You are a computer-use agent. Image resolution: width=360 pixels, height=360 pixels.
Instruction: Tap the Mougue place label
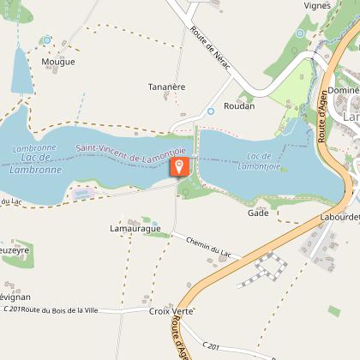pos(58,62)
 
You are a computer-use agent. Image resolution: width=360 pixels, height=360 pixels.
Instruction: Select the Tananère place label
pos(167,87)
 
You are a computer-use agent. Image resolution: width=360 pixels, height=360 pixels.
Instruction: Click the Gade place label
pos(258,213)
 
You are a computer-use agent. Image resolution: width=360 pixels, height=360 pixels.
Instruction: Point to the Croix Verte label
pos(170,311)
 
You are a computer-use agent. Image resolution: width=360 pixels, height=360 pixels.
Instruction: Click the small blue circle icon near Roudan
pos(211,111)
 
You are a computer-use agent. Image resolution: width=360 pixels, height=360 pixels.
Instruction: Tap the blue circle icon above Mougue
pos(47,39)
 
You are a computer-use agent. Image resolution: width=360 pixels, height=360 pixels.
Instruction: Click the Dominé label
pos(343,89)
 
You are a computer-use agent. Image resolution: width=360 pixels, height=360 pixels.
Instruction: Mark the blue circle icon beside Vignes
pos(300,33)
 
